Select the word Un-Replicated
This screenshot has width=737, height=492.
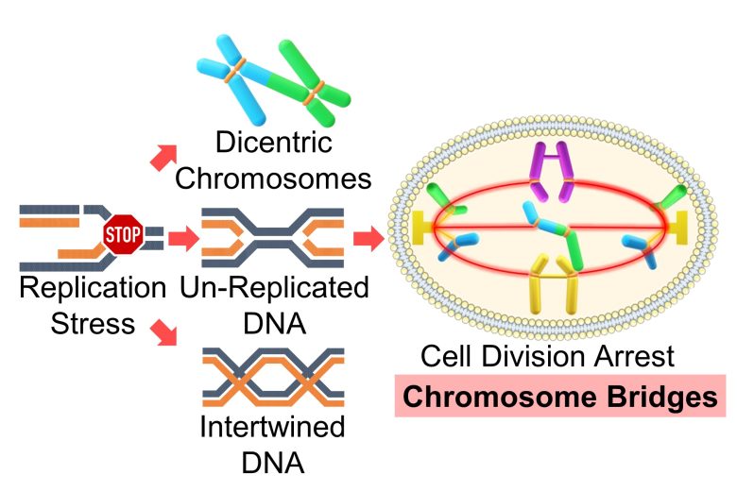click(x=273, y=286)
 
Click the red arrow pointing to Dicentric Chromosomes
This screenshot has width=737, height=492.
click(x=163, y=155)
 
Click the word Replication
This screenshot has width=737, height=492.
click(x=92, y=286)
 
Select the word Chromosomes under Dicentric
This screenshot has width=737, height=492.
click(x=272, y=178)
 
